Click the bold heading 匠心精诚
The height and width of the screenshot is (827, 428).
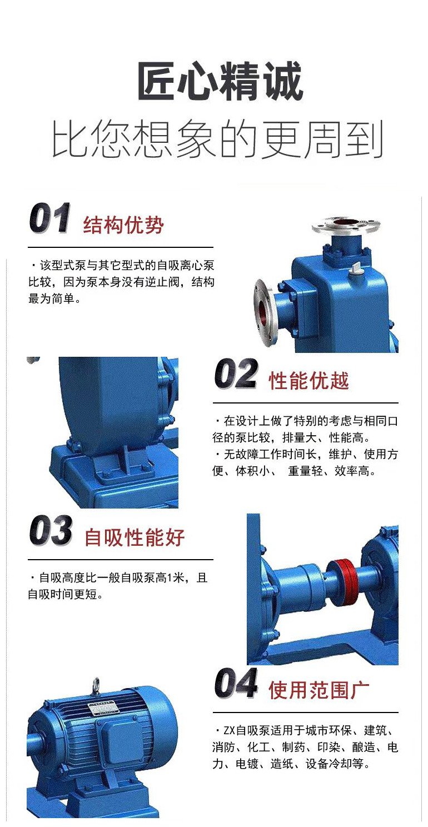[220, 82]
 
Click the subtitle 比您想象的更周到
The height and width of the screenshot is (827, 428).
[218, 140]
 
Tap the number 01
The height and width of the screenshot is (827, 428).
[50, 220]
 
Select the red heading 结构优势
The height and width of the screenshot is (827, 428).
[124, 226]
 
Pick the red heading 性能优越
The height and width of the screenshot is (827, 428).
[309, 381]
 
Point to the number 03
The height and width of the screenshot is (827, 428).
[51, 531]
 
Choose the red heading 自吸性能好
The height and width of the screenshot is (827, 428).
[135, 537]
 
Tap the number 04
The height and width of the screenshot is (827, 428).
[236, 684]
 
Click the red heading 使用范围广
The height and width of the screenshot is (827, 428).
[319, 691]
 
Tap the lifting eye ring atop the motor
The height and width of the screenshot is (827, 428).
[96, 684]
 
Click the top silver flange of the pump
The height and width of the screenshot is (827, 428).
[346, 225]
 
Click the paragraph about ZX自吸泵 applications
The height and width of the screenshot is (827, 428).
[305, 747]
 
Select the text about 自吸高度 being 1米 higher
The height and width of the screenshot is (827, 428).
[118, 586]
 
